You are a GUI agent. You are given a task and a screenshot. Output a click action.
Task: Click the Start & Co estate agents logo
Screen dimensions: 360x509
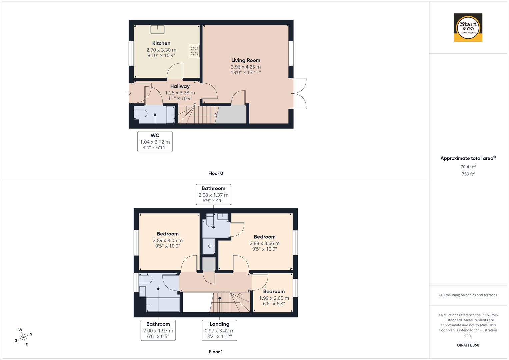(x=468, y=28)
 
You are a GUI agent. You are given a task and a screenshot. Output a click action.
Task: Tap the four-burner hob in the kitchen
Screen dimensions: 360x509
(x=194, y=51)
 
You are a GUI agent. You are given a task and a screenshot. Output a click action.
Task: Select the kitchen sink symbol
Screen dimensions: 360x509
(x=157, y=29)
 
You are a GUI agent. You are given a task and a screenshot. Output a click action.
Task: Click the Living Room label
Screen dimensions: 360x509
(x=246, y=60)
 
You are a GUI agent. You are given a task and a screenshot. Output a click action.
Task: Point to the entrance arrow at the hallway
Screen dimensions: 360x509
(x=129, y=93)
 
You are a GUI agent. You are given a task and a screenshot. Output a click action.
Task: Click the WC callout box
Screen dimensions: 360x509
(x=155, y=141)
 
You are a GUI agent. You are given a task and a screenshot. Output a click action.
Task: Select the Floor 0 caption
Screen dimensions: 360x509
(x=216, y=173)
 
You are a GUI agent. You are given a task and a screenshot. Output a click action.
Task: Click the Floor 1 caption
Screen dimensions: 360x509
(x=216, y=352)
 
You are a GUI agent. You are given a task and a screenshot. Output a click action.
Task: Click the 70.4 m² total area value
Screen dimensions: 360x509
(x=468, y=167)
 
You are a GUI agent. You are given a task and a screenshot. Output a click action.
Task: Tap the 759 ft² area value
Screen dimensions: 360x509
(x=468, y=174)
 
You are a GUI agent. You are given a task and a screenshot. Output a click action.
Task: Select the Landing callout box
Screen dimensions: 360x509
(x=219, y=330)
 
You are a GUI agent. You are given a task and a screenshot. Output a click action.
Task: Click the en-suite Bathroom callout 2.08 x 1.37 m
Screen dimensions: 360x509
(x=213, y=194)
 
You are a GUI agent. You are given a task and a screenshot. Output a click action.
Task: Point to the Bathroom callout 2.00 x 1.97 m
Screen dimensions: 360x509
(x=158, y=330)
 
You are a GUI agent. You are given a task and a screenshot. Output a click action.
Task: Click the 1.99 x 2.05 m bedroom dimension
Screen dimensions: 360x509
(x=274, y=298)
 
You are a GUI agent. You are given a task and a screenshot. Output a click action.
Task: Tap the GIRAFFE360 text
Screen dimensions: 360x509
(x=468, y=345)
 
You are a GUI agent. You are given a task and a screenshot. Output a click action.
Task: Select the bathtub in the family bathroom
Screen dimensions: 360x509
(x=163, y=305)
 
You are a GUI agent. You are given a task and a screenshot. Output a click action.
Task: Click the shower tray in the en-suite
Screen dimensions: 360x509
(x=210, y=246)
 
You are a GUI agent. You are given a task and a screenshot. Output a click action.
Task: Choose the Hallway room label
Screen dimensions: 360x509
(x=180, y=86)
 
